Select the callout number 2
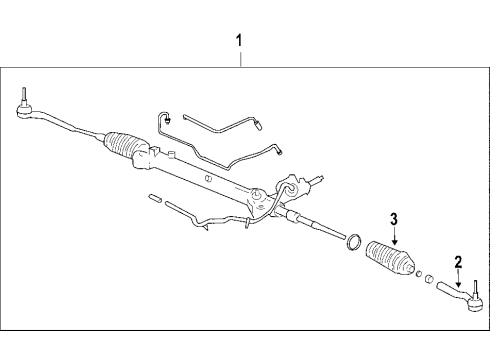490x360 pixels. point(457,263)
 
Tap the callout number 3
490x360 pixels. point(394,219)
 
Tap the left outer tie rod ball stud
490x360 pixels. point(21,100)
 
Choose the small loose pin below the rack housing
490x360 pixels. point(152,197)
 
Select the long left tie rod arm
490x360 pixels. point(60,122)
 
